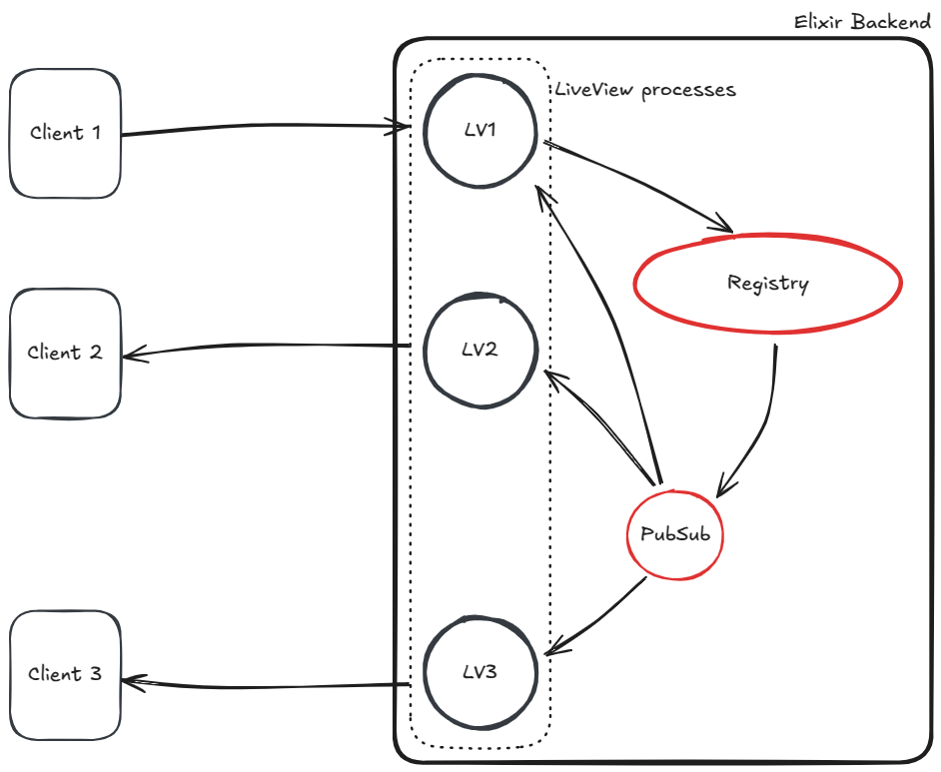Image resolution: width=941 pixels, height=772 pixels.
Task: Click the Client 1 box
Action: coord(65,133)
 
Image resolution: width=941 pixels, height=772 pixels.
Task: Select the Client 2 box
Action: coord(65,353)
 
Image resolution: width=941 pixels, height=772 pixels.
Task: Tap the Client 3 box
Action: coord(65,674)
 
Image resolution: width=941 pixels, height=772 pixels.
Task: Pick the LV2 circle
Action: coord(480,351)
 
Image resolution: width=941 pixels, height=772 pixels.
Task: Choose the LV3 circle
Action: coord(480,672)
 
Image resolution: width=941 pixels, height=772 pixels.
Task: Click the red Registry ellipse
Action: coord(767,284)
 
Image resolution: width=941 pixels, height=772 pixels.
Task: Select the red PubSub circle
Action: coord(675,534)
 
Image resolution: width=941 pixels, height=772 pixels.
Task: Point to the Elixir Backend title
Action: coord(862,21)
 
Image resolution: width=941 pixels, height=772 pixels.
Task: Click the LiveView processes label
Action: coord(645,90)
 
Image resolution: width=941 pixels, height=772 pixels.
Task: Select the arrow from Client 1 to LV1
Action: coord(265,129)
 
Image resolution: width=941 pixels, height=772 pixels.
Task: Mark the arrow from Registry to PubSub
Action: coord(759,419)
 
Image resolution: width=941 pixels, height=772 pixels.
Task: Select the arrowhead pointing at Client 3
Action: coord(132,682)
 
